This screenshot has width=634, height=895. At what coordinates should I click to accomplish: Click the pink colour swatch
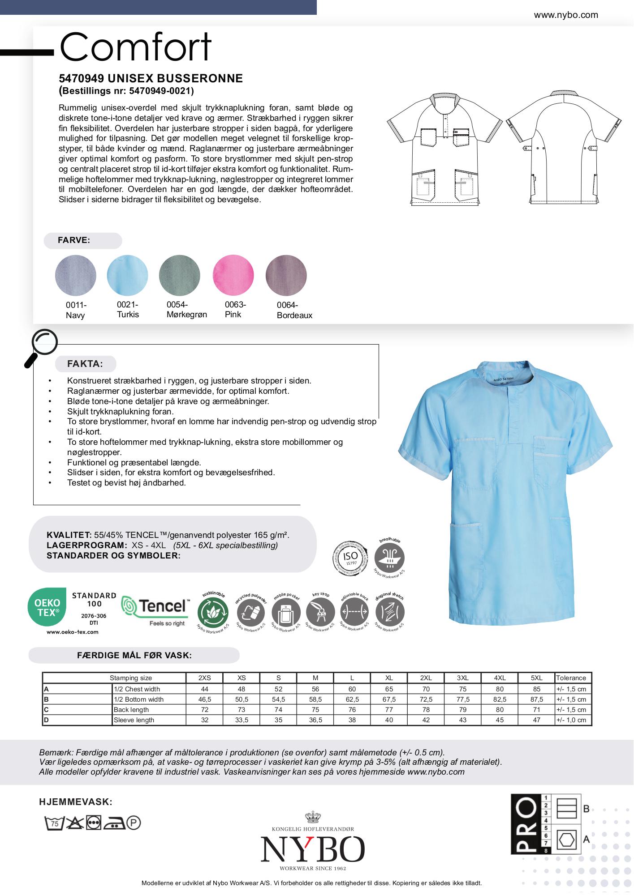233,275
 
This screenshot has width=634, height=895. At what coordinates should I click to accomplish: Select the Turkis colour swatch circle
127,275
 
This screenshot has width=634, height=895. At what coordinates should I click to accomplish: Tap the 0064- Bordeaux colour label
294,310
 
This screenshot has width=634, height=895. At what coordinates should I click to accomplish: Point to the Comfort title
135,47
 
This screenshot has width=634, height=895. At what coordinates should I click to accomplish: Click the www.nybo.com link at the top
565,15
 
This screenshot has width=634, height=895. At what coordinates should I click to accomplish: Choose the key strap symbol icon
321,612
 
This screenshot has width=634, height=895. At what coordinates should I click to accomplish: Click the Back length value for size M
315,710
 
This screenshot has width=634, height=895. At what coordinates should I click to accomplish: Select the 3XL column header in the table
462,678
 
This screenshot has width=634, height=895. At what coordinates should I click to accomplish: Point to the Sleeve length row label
134,720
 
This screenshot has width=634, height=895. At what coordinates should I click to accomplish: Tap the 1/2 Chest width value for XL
389,689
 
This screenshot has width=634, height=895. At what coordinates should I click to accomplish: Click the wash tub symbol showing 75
54,823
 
